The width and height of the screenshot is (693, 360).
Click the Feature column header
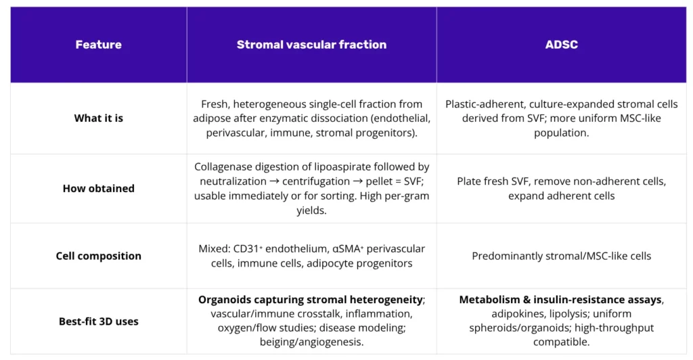coord(98,45)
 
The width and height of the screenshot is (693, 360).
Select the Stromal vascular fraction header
coord(311,45)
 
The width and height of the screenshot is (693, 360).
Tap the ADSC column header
coord(561,45)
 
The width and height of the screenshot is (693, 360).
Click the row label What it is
coord(98,118)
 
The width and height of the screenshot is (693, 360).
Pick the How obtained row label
coord(98,188)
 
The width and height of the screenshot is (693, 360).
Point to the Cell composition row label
coord(98,256)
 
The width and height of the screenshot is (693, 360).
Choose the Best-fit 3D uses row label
coord(98,321)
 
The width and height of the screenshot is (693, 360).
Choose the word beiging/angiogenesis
coord(312,342)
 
